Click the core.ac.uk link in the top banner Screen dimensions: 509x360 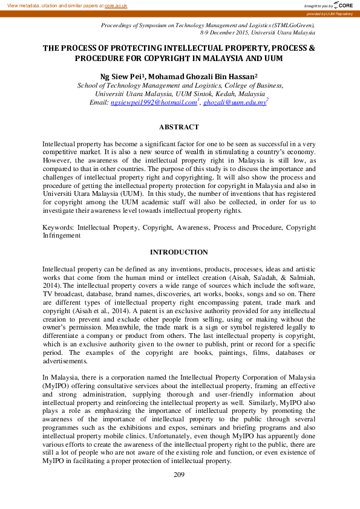(x=116, y=5)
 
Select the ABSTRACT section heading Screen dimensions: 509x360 (x=178, y=127)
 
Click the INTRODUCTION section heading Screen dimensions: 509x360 (x=178, y=252)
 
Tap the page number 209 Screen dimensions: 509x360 (x=178, y=475)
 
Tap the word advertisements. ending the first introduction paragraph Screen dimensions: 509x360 (x=65, y=361)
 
